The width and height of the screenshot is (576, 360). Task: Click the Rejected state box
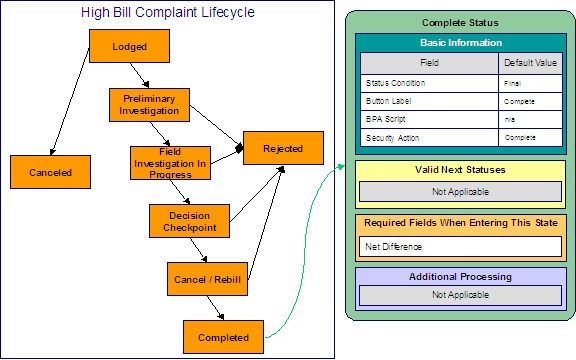click(283, 148)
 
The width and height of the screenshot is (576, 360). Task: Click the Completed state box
click(222, 337)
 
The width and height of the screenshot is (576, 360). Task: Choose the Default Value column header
click(531, 62)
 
